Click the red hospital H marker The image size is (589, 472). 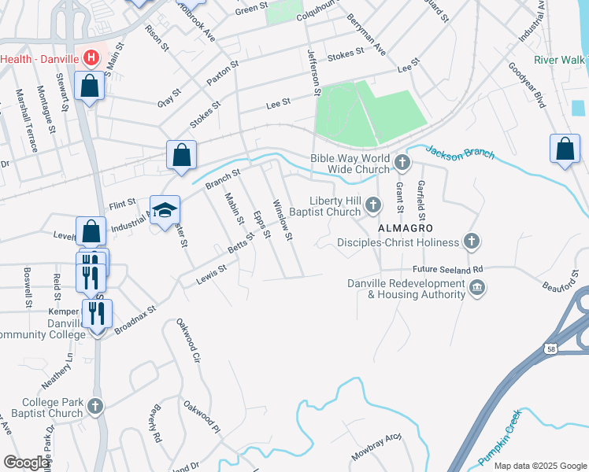pos(91,58)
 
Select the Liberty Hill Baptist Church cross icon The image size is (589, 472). pos(373,206)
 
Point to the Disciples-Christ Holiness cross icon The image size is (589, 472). pos(472,242)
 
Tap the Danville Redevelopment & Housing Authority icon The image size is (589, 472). pos(477,289)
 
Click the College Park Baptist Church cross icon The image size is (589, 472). pos(94,407)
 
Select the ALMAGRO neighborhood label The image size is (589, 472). pos(406,227)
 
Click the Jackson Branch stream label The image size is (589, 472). pos(461,151)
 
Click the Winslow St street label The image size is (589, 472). pos(282,220)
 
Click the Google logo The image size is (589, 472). pos(27,463)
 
